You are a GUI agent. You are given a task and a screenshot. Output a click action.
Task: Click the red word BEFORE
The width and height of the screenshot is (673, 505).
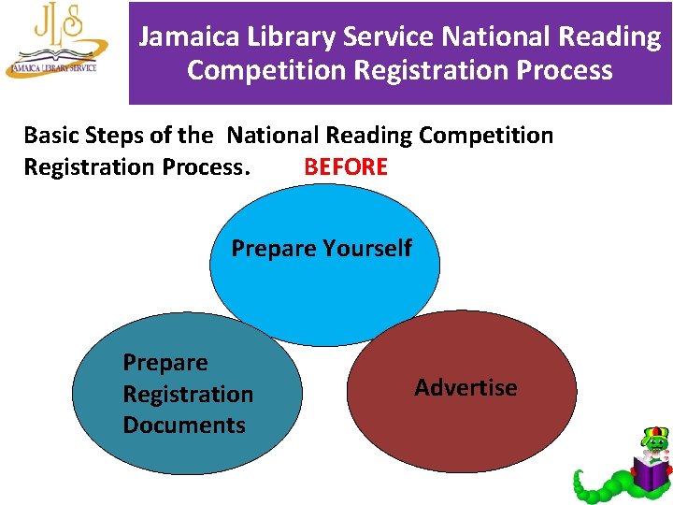pyautogui.click(x=345, y=167)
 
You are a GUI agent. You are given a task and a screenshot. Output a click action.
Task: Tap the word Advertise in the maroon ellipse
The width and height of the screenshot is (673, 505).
pyautogui.click(x=465, y=387)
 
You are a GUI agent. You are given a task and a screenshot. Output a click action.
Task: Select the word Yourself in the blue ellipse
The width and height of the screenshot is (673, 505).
pyautogui.click(x=366, y=248)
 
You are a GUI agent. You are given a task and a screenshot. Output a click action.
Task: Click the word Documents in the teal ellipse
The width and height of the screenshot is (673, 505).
pyautogui.click(x=183, y=425)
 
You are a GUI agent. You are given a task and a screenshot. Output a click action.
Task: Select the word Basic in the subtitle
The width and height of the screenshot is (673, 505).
pyautogui.click(x=51, y=136)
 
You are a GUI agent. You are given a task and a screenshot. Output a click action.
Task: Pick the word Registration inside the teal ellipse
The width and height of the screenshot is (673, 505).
pyautogui.click(x=188, y=394)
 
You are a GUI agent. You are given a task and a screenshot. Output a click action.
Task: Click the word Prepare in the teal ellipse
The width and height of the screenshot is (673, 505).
pyautogui.click(x=165, y=363)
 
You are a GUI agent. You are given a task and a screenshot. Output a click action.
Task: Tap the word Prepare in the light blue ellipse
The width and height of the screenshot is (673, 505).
pyautogui.click(x=274, y=248)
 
